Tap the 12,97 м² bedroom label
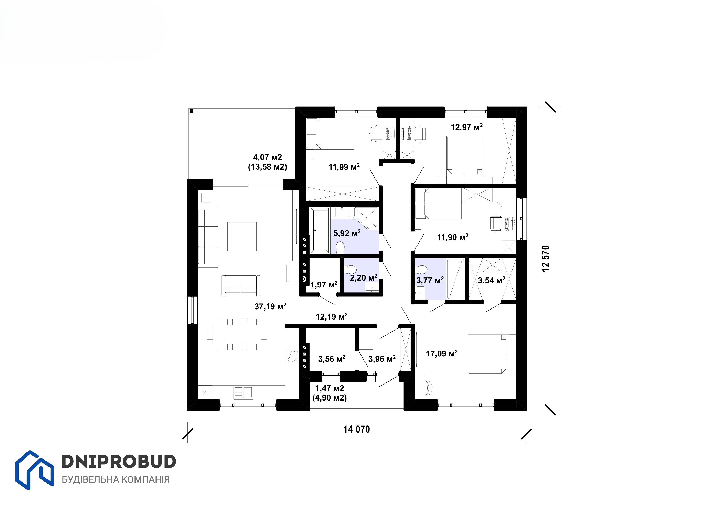pyautogui.click(x=467, y=127)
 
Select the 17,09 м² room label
pyautogui.click(x=442, y=353)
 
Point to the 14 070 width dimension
pyautogui.click(x=357, y=429)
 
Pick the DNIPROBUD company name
pyautogui.click(x=119, y=462)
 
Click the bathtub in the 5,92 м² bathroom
pyautogui.click(x=320, y=230)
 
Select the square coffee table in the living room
pyautogui.click(x=242, y=236)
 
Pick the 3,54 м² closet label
pyautogui.click(x=492, y=280)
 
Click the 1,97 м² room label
pyautogui.click(x=324, y=285)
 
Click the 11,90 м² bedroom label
pyautogui.click(x=453, y=237)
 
